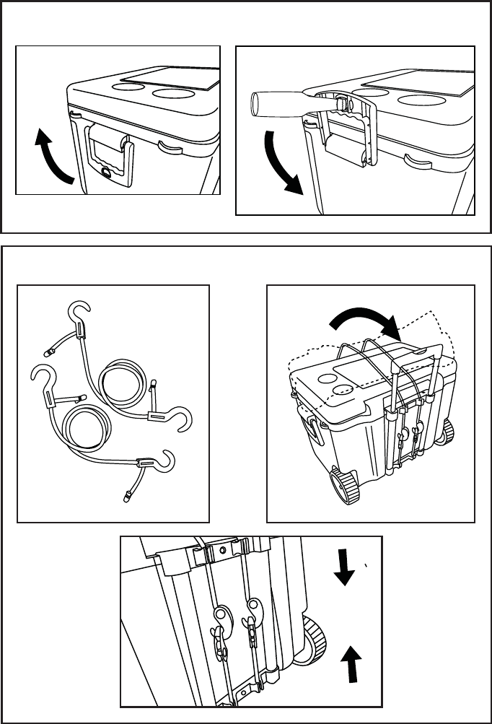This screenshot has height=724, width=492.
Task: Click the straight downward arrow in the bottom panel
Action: [344, 567]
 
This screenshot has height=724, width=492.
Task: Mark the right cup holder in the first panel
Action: [173, 94]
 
